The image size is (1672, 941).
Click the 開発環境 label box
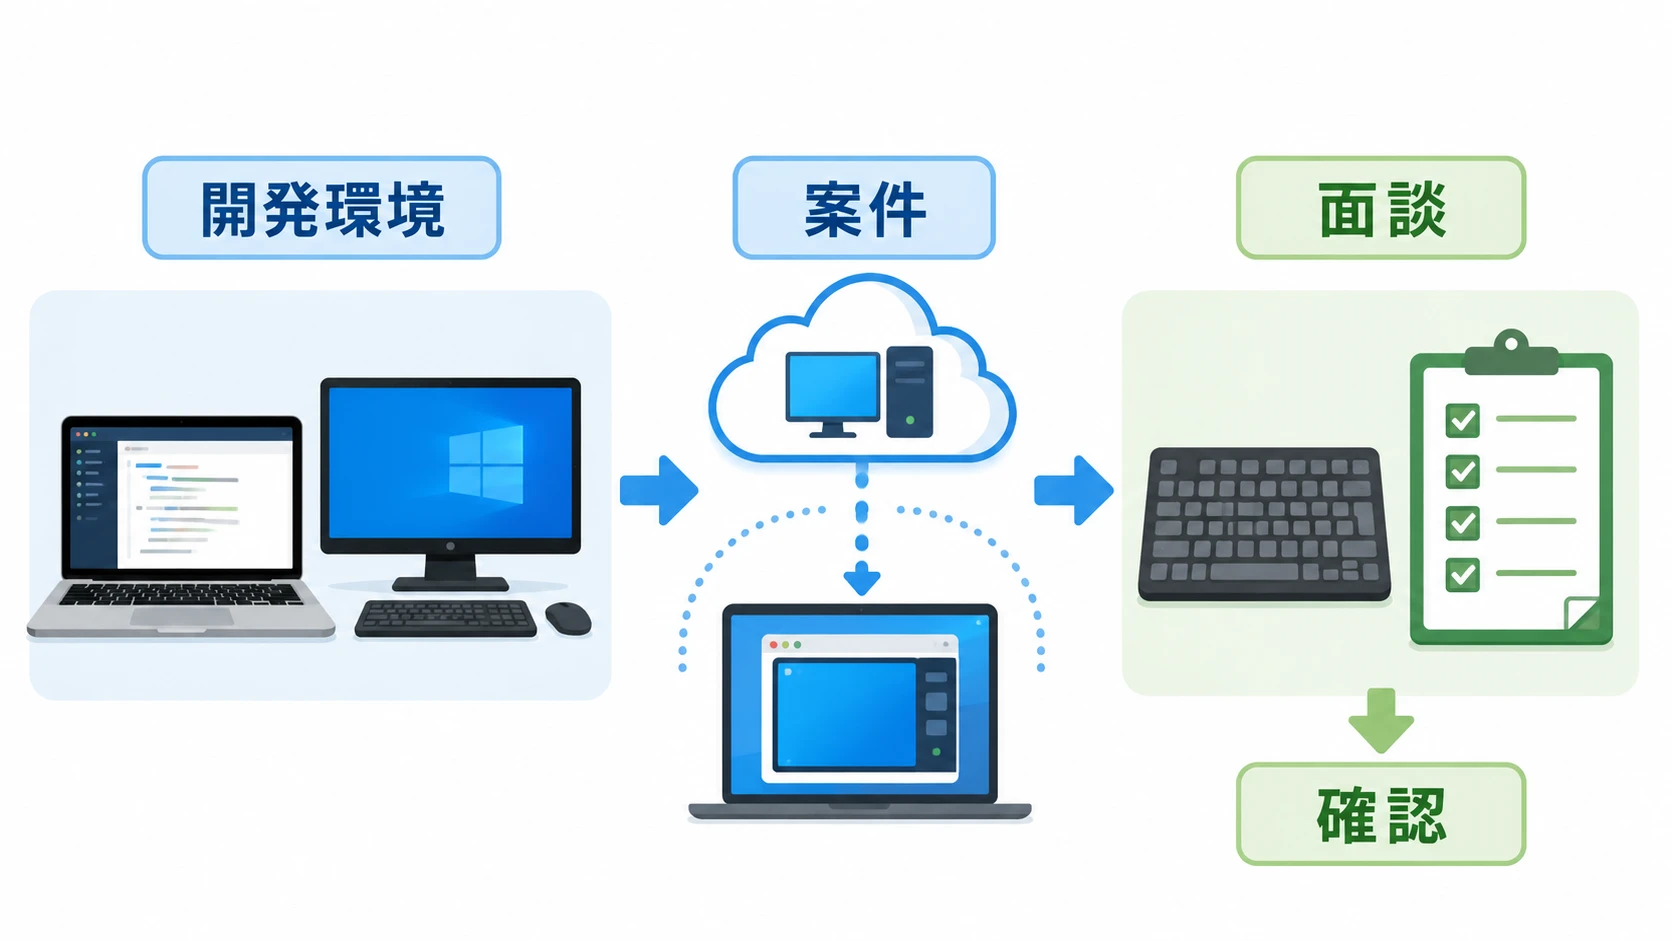322,207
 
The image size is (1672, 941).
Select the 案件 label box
864,207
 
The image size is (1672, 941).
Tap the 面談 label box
1381,207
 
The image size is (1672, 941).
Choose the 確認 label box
1381,814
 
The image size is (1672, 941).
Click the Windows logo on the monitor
486,463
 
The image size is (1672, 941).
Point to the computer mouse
568,619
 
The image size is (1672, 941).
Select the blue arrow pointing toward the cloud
659,490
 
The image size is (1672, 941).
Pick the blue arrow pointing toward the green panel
1074,490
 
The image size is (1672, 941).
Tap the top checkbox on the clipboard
1462,420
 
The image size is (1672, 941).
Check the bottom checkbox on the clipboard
1462,575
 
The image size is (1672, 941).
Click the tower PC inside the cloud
910,392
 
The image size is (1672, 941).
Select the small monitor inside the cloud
833,393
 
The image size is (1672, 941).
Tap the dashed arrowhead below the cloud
862,578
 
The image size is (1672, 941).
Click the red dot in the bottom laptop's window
773,645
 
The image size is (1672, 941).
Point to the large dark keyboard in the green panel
1264,524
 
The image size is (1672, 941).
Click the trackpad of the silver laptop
182,617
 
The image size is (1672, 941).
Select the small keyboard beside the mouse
446,619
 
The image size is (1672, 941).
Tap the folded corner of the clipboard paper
1582,613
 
